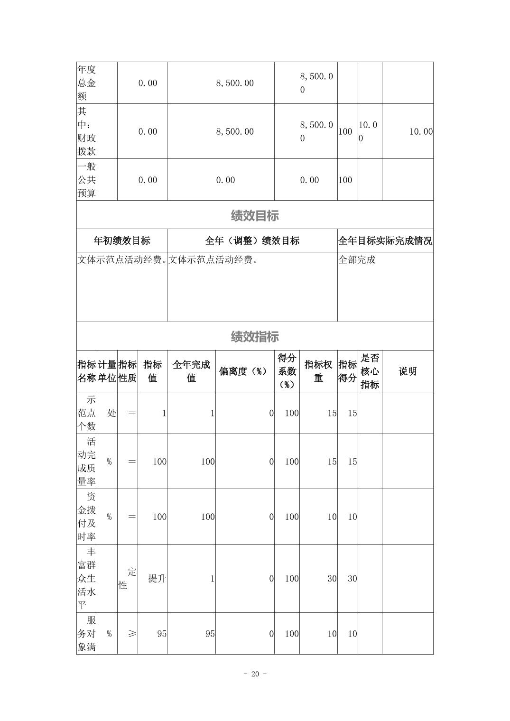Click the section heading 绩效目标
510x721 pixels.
[255, 216]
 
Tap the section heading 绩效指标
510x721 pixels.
[255, 337]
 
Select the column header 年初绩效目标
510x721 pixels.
[122, 241]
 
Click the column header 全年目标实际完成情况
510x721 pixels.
[385, 241]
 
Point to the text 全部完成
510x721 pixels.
[357, 260]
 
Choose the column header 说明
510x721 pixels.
[408, 371]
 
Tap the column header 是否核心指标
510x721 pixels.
[370, 371]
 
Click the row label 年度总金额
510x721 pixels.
[87, 83]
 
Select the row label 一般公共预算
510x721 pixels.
[87, 180]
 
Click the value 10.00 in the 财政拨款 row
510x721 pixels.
[421, 132]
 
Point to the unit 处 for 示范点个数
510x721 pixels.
[111, 413]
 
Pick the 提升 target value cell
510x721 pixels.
[157, 579]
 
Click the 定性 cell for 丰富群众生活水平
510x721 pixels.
[127, 579]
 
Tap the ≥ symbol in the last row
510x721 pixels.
[131, 634]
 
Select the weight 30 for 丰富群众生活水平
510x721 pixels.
[331, 579]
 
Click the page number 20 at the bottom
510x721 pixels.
[255, 674]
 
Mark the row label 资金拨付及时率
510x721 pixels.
[87, 517]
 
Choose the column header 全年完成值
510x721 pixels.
[191, 371]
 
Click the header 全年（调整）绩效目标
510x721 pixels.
[252, 241]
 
